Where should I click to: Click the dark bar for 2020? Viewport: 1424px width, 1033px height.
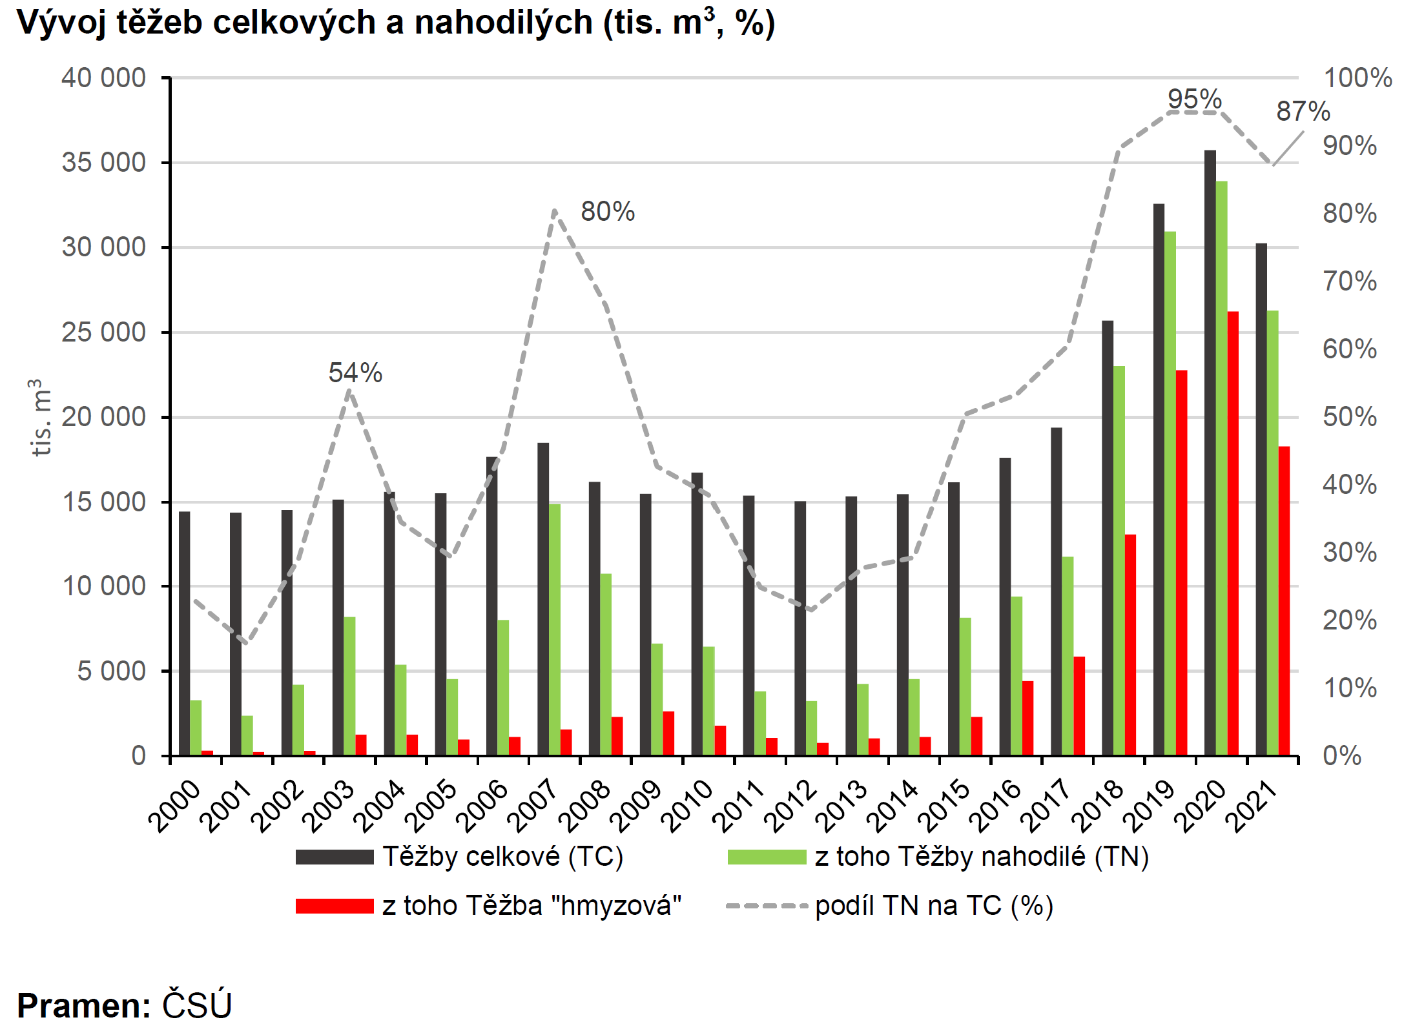(1210, 452)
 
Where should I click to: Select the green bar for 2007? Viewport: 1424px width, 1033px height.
(554, 629)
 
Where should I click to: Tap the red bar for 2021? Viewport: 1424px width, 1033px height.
(1284, 600)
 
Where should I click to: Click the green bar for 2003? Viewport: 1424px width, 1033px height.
(349, 686)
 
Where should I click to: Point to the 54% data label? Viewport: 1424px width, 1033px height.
(355, 373)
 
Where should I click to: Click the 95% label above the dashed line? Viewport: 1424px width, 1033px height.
(1195, 99)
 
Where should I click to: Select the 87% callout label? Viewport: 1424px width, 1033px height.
(1303, 111)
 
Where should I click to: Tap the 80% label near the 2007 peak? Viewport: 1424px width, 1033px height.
(608, 211)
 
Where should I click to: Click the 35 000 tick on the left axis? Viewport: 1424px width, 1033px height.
(103, 163)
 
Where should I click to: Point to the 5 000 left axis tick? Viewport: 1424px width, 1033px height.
(111, 671)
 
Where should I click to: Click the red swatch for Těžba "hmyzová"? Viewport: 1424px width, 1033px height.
(335, 906)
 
